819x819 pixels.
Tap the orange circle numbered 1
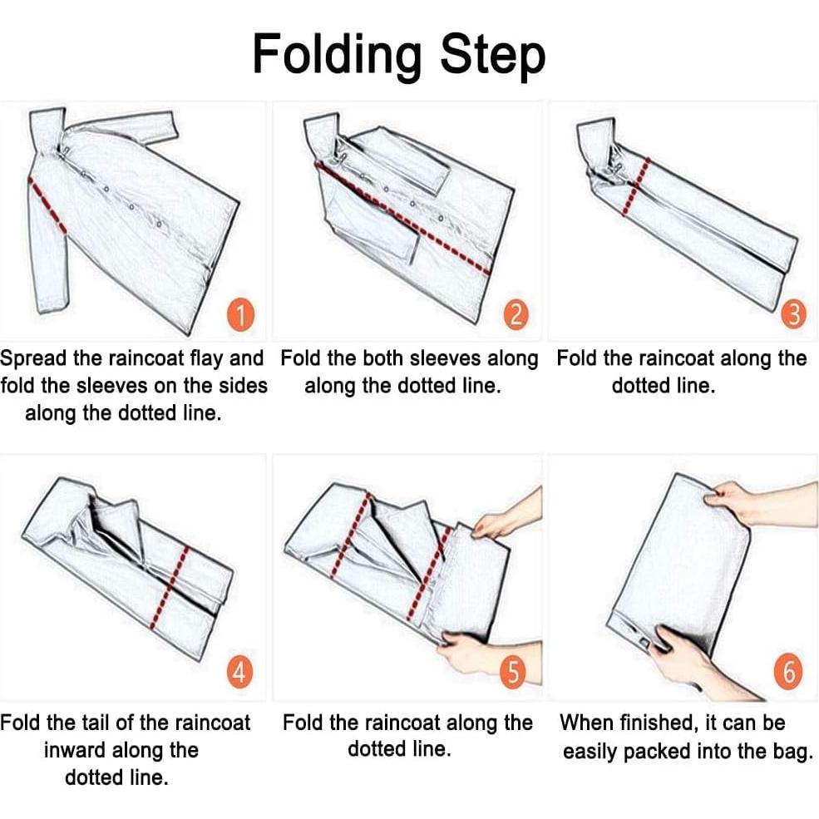click(x=241, y=315)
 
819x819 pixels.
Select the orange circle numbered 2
click(x=516, y=315)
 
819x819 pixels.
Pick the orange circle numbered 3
click(x=793, y=315)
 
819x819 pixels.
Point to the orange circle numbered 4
click(x=239, y=673)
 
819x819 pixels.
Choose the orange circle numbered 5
click(x=513, y=673)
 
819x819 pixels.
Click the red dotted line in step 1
click(x=47, y=205)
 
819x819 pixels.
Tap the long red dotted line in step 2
click(x=402, y=218)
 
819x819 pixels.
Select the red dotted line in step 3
click(x=636, y=186)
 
